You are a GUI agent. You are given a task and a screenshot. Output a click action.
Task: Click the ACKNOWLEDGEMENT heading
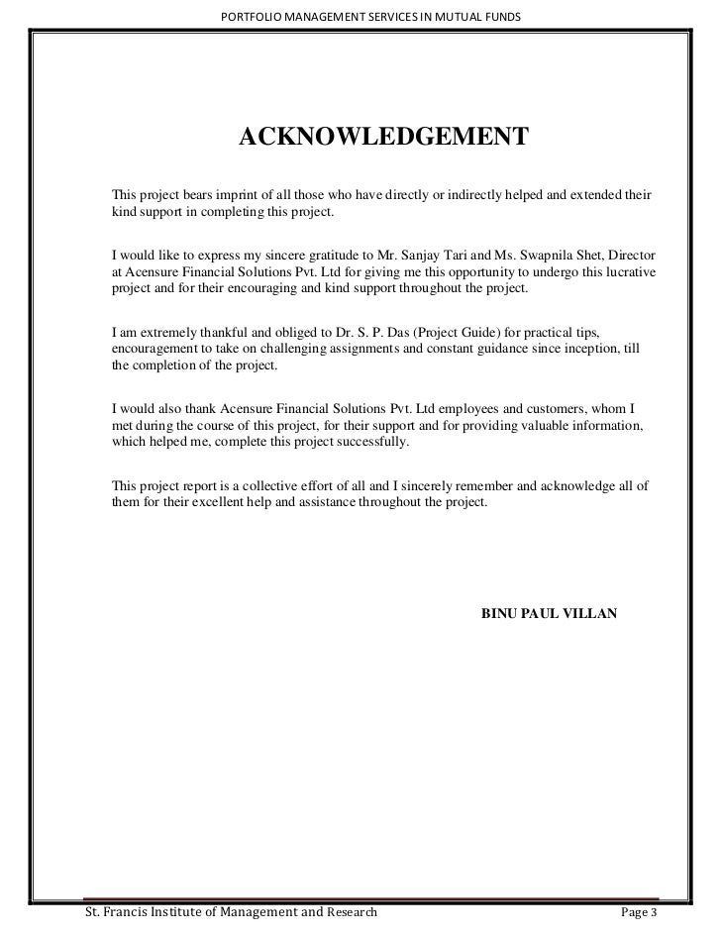point(384,136)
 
